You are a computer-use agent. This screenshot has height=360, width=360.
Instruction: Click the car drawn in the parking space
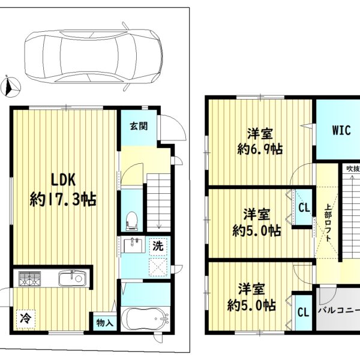94,57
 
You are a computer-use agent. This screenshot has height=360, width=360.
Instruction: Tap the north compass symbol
11,87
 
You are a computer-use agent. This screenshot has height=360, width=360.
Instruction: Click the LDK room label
63,180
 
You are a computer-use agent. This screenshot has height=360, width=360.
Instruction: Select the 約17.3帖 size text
63,199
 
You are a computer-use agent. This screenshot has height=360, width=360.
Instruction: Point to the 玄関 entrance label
139,126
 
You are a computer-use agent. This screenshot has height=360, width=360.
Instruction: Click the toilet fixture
132,221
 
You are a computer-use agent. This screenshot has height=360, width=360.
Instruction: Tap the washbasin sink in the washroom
134,245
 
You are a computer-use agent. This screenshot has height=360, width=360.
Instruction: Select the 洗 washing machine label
158,247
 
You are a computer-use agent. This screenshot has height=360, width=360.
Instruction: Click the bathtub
145,319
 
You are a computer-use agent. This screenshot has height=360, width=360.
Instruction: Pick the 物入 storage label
104,323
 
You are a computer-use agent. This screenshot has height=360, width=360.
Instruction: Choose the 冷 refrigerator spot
26,319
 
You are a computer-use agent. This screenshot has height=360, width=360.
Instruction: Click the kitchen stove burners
29,279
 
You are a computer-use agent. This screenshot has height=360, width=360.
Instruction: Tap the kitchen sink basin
73,278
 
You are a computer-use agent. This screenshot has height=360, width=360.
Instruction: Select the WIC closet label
341,130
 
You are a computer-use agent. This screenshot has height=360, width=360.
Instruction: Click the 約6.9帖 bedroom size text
260,149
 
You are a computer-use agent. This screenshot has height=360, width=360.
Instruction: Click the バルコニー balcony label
339,311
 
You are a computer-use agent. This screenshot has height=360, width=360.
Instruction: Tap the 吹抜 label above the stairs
353,169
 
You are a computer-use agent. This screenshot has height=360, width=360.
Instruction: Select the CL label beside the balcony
304,312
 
